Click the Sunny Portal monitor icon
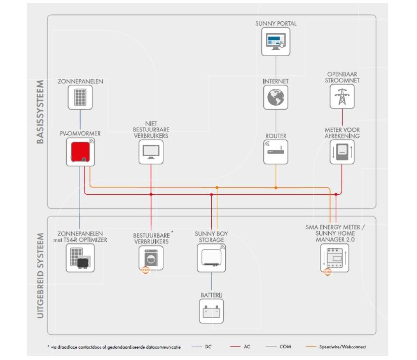click(x=276, y=41)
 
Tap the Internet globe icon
click(x=276, y=97)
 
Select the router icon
click(x=276, y=152)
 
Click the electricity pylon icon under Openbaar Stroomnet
click(x=342, y=97)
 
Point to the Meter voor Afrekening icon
click(x=342, y=152)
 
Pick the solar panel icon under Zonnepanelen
click(x=80, y=97)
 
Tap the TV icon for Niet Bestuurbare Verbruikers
click(x=151, y=152)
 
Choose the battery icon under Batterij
click(x=211, y=311)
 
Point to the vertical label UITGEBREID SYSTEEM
click(x=40, y=275)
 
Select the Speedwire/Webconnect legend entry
click(x=336, y=346)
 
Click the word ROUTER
click(x=276, y=136)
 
